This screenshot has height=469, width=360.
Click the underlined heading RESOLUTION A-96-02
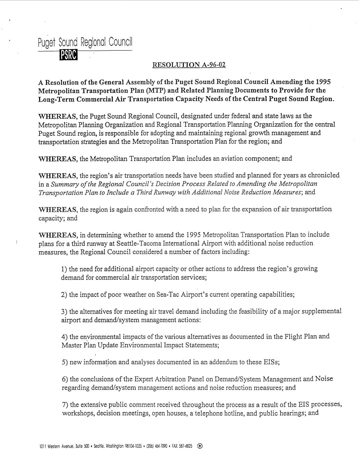click(x=189, y=65)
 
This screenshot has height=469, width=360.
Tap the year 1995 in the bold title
click(x=323, y=82)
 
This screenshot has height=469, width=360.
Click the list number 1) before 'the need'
click(x=64, y=269)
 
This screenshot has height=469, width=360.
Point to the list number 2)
click(x=64, y=295)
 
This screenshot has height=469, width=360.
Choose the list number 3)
click(x=64, y=312)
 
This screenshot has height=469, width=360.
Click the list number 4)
click(x=64, y=337)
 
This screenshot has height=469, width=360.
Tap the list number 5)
click(x=65, y=363)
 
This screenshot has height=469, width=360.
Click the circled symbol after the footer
click(x=200, y=446)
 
